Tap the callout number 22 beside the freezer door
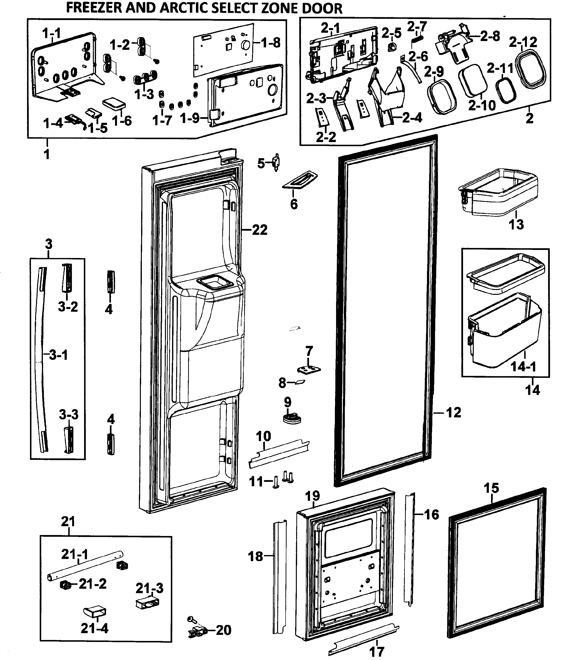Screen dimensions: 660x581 [x=260, y=230]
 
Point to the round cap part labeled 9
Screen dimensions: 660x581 [x=292, y=418]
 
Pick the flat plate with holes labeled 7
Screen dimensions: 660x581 [x=309, y=369]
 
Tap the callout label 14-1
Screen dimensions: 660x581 [x=523, y=367]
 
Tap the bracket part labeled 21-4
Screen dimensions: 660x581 [x=95, y=612]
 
